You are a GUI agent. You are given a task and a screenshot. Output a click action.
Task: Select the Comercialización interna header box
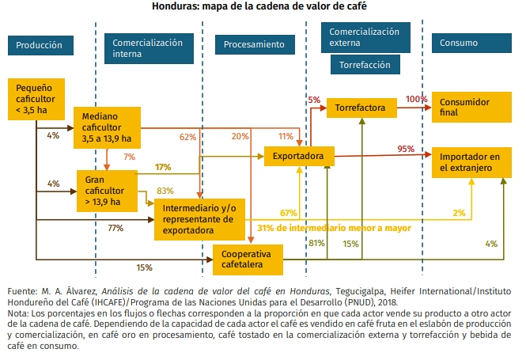pyautogui.click(x=148, y=47)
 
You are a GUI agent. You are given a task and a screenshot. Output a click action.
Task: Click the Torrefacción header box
pyautogui.click(x=365, y=64)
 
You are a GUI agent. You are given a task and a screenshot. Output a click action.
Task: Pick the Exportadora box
pyautogui.click(x=298, y=157)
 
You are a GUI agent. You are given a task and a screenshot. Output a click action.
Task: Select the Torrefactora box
pyautogui.click(x=360, y=107)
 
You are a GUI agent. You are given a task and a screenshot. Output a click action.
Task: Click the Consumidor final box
pyautogui.click(x=467, y=107)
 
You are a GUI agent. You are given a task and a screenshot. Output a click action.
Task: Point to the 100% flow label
pyautogui.click(x=416, y=100)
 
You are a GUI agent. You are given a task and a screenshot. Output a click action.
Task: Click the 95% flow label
pyautogui.click(x=406, y=149)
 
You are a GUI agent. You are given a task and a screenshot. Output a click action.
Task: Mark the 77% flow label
pyautogui.click(x=115, y=228)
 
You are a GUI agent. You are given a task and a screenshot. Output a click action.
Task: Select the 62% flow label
pyautogui.click(x=187, y=137)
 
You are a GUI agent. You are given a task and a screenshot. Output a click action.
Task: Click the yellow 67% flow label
pyautogui.click(x=288, y=213)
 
